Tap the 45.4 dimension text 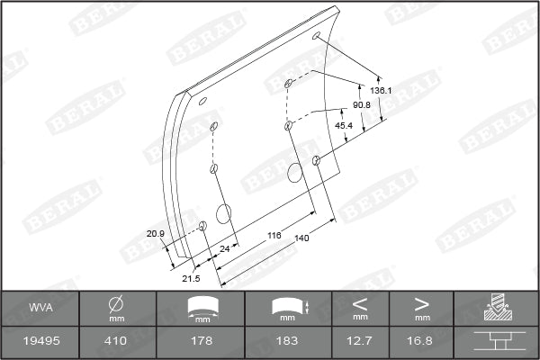[343, 125]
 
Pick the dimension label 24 [225, 247]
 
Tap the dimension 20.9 [156, 234]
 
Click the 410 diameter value [116, 342]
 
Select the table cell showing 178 [206, 342]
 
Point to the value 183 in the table [287, 342]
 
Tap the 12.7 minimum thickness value [360, 342]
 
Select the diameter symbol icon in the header [116, 303]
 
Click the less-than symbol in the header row [360, 302]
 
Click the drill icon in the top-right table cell [496, 308]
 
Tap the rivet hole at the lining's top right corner [316, 36]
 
